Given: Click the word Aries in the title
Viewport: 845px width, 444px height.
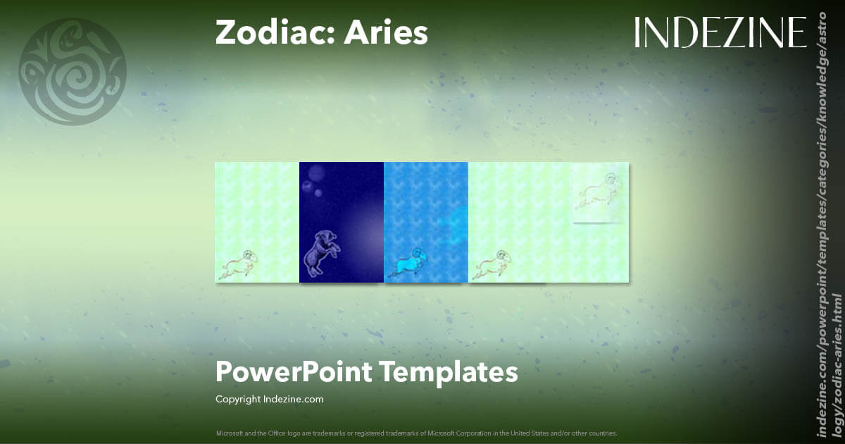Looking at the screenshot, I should [386, 32].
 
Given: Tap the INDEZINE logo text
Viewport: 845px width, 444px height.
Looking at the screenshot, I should [720, 32].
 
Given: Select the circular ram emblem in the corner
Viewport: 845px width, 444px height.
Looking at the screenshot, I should [72, 72].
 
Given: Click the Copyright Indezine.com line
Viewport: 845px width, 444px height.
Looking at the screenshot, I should [269, 399].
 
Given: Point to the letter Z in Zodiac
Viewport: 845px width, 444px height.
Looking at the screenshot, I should [225, 32].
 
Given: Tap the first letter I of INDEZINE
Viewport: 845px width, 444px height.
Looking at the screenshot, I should [637, 32].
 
